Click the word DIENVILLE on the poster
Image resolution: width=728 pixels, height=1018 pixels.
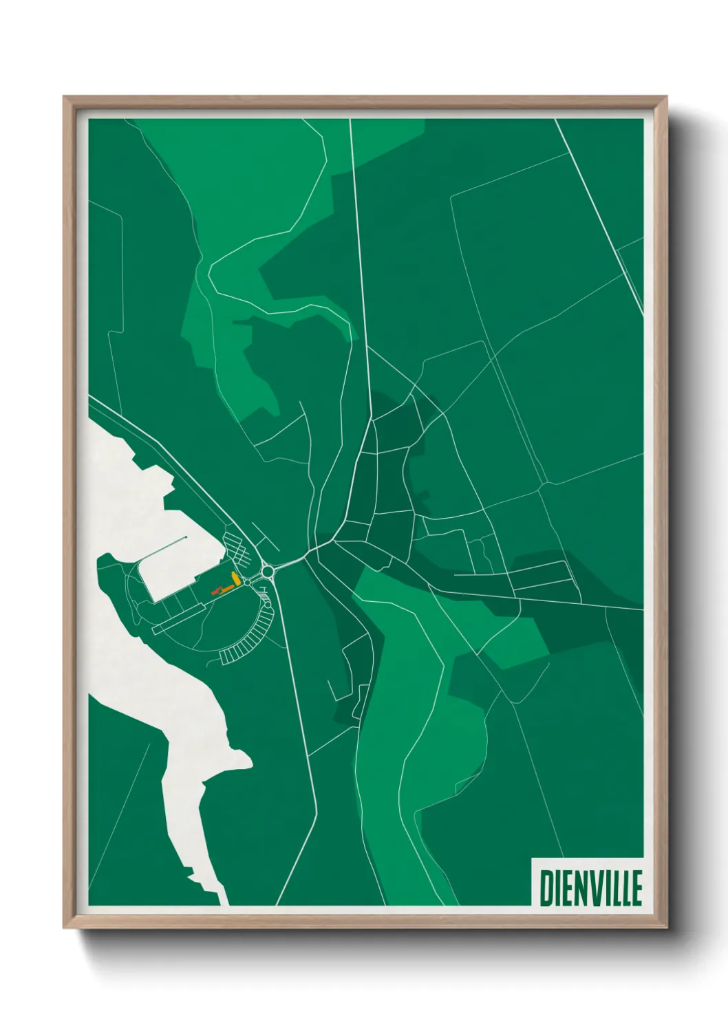pyautogui.click(x=590, y=888)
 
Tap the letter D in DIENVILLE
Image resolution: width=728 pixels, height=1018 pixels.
pyautogui.click(x=546, y=888)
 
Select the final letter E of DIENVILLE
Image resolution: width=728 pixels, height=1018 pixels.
pyautogui.click(x=636, y=888)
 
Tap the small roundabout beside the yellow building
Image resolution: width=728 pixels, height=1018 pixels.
pyautogui.click(x=247, y=582)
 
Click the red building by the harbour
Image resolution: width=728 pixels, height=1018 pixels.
pyautogui.click(x=214, y=590)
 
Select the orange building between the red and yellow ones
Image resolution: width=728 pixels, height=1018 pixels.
pyautogui.click(x=225, y=588)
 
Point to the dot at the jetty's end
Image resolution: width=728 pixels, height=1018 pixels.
pyautogui.click(x=186, y=538)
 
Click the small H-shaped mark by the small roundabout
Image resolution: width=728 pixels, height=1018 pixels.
pyautogui.click(x=264, y=590)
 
